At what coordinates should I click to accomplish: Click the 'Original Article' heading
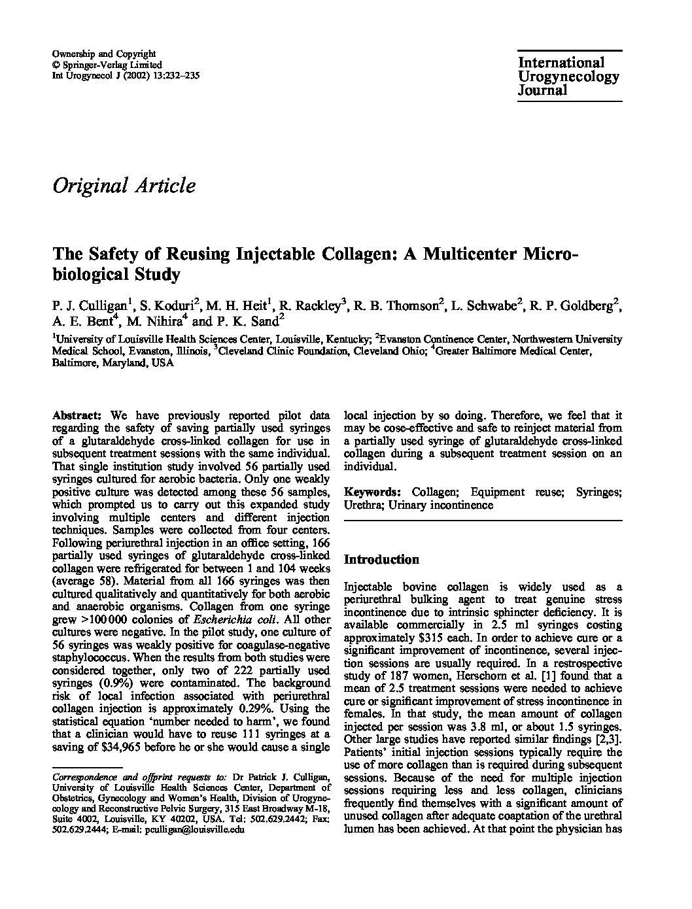click(124, 186)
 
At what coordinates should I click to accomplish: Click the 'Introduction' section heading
click(381, 560)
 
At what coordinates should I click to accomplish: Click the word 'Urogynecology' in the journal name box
click(568, 77)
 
